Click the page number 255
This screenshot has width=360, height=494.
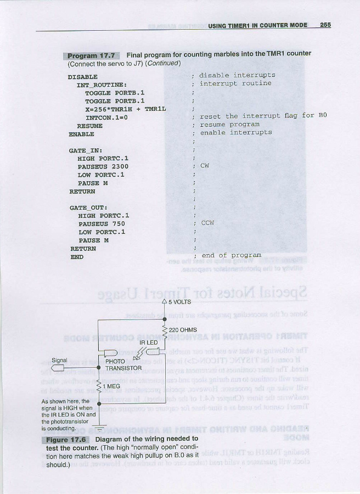click(x=325, y=25)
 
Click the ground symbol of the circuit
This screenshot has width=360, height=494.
click(x=99, y=426)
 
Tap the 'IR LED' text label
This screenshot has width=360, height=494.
click(x=149, y=343)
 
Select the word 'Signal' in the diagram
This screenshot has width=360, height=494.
click(x=59, y=361)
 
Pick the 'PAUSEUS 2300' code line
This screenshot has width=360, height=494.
click(x=103, y=166)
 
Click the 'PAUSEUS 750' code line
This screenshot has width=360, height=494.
click(x=102, y=224)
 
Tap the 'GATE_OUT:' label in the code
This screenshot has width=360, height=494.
click(x=88, y=207)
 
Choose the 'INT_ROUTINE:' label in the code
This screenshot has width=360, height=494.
click(x=102, y=85)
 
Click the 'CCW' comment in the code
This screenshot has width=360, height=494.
click(x=207, y=223)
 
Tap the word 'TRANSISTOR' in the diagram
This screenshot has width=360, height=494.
click(x=123, y=368)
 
